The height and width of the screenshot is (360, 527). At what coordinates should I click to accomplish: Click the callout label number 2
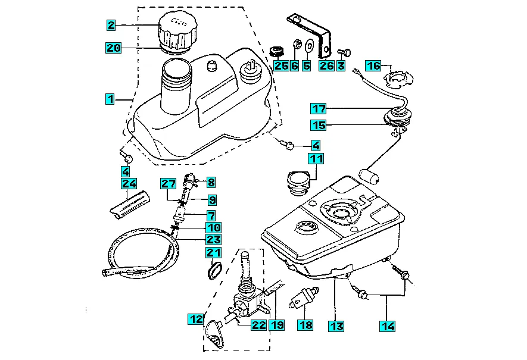coord(111,26)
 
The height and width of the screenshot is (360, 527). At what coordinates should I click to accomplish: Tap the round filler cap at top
coord(177,31)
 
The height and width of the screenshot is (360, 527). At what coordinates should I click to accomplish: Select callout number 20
coord(114,48)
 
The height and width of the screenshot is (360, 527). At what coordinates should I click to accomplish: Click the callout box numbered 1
coord(110,99)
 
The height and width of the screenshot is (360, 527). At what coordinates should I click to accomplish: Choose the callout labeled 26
coord(326,65)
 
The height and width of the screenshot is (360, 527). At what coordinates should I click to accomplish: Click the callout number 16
coord(373,65)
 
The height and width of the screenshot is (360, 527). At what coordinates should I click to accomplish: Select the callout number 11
coord(316,159)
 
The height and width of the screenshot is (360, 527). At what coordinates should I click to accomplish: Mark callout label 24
coord(129,183)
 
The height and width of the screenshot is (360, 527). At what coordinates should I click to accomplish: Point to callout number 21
coord(213,254)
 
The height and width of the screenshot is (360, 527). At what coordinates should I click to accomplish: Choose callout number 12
coord(197,319)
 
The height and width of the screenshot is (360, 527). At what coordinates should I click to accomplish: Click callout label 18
coord(305,325)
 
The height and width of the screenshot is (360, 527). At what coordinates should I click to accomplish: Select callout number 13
coord(336,325)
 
